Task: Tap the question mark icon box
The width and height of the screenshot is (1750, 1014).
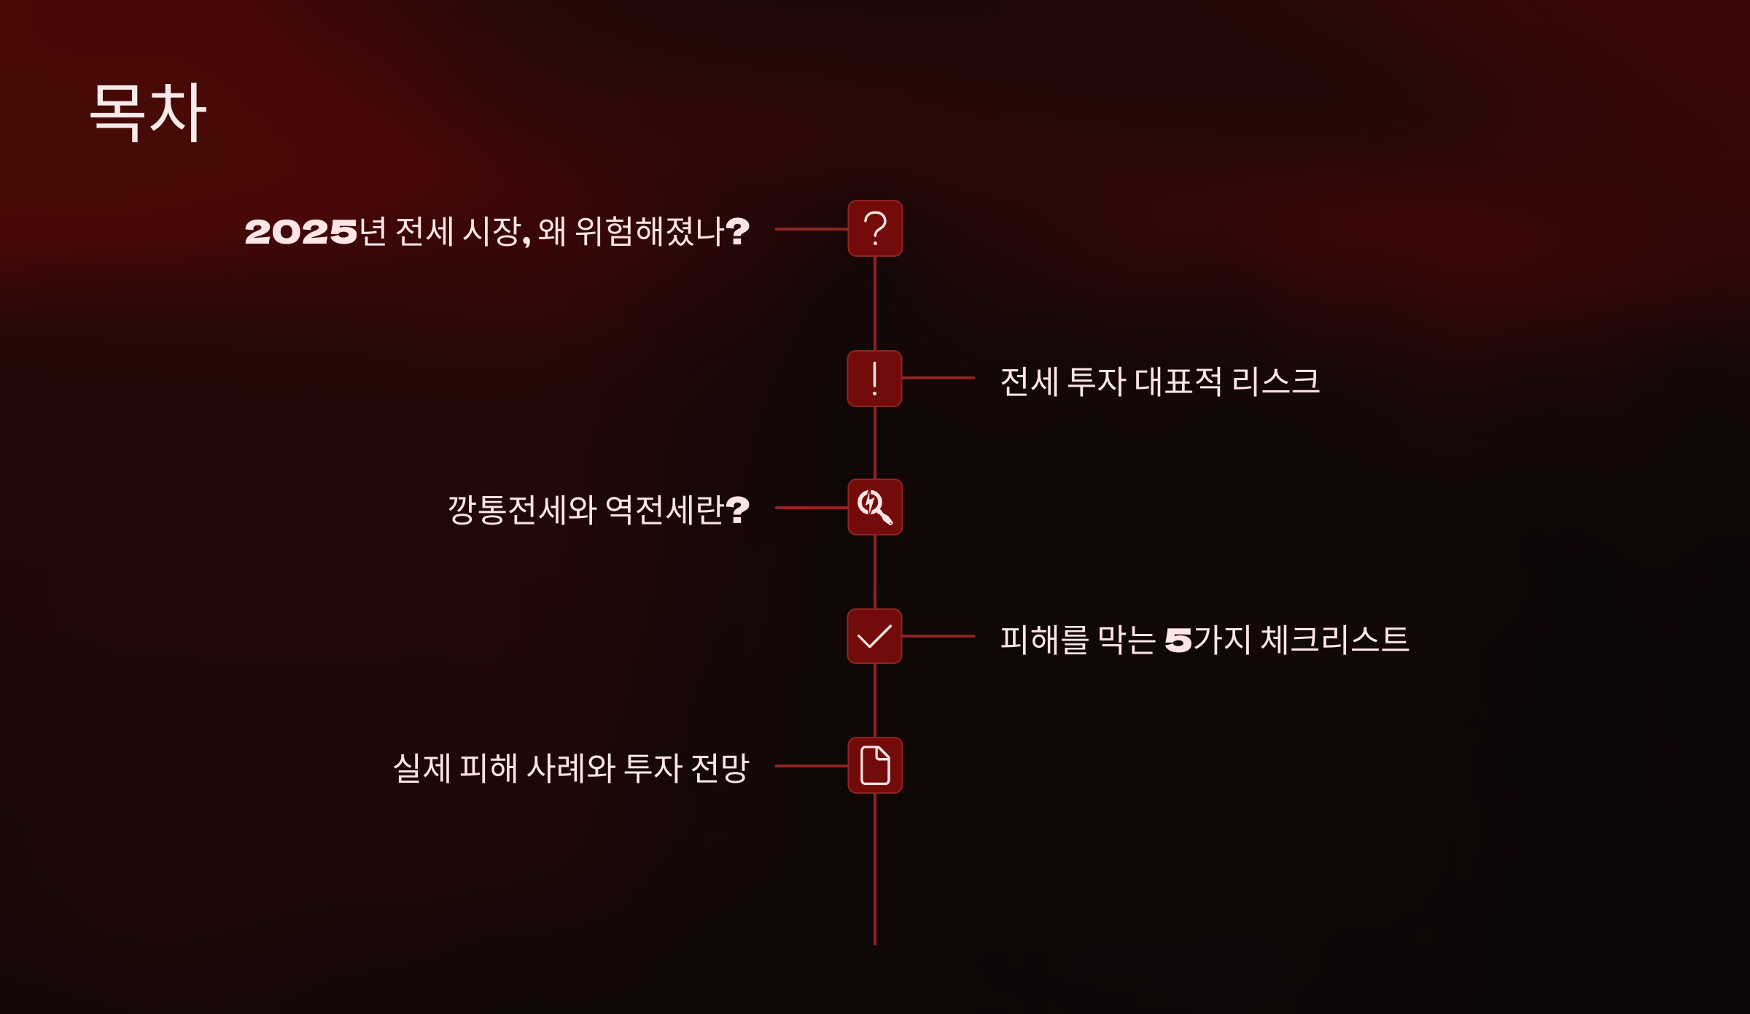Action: pos(875,228)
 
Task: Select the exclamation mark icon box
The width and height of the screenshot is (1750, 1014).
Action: pos(874,379)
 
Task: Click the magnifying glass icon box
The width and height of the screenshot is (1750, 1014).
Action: pos(875,507)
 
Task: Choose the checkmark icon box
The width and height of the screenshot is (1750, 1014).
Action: pos(874,636)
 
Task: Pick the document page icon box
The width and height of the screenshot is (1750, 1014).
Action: pos(875,765)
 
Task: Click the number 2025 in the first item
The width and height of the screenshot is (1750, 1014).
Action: pos(300,232)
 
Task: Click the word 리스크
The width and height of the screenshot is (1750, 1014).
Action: pos(1275,381)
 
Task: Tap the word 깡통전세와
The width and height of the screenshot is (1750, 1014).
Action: pos(522,509)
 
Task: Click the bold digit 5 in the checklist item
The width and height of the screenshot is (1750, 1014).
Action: pos(1178,640)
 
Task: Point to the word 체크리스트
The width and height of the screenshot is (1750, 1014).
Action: pos(1334,640)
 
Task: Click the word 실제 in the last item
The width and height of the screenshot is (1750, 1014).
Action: pos(421,768)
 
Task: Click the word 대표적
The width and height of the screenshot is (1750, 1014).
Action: pos(1178,381)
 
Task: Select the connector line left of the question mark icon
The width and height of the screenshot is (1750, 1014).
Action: pos(811,229)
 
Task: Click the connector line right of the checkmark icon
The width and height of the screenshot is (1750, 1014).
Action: pos(938,636)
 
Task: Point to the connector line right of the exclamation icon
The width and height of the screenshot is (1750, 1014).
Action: pos(938,378)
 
